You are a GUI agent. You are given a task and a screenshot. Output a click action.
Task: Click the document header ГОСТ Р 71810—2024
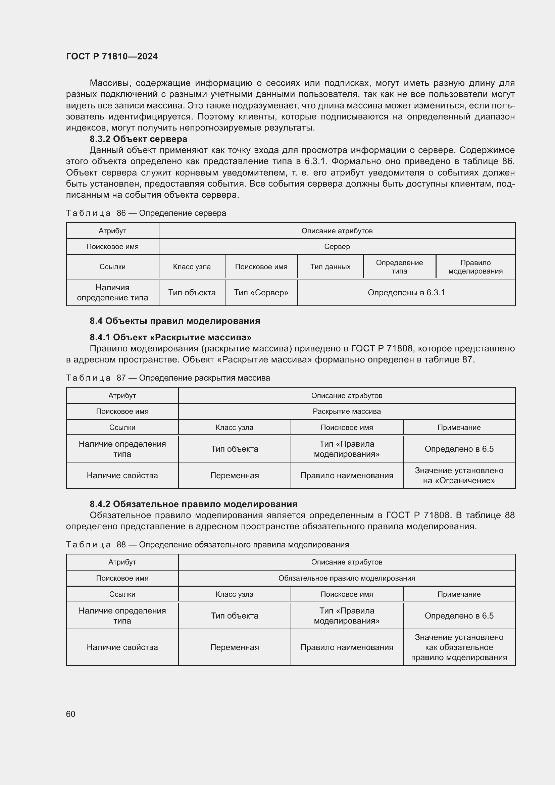112,56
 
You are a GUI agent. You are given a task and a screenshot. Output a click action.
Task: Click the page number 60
70,714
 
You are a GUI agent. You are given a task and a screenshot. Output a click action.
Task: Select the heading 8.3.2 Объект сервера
138,139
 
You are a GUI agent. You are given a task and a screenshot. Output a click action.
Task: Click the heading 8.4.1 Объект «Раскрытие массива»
170,337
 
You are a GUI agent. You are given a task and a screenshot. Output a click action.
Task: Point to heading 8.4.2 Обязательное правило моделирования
193,504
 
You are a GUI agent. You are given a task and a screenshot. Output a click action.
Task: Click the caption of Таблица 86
146,213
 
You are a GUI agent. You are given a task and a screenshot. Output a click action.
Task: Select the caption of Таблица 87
168,378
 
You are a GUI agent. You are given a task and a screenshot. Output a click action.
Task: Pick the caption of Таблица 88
207,544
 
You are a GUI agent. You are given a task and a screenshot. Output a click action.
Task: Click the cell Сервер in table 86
337,247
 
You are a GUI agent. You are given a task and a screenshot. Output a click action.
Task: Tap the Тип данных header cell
330,267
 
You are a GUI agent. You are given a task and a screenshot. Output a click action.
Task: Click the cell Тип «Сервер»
261,293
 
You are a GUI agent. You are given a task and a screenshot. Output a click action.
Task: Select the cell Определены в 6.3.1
406,293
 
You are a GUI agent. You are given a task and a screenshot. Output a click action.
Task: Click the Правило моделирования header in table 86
475,267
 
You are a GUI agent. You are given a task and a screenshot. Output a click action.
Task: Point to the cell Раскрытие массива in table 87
347,411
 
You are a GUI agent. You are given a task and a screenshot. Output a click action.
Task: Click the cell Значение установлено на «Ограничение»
459,475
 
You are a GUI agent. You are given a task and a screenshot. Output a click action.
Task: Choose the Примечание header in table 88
459,594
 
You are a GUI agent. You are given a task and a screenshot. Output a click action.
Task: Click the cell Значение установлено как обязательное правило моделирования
459,647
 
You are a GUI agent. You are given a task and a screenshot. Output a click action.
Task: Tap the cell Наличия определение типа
112,293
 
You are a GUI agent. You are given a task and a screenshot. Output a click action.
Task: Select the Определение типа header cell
399,267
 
